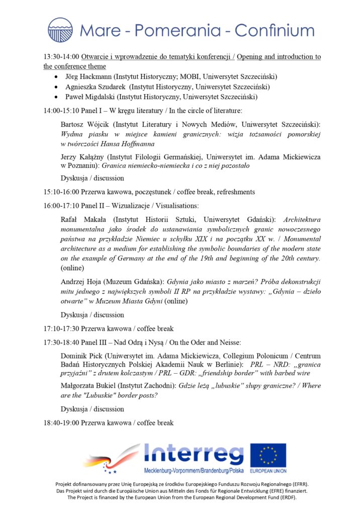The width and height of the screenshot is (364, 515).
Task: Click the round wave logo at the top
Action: click(x=60, y=30)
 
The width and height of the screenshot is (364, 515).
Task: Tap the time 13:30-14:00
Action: click(x=61, y=57)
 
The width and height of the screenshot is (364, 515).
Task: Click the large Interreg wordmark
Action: click(x=194, y=454)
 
